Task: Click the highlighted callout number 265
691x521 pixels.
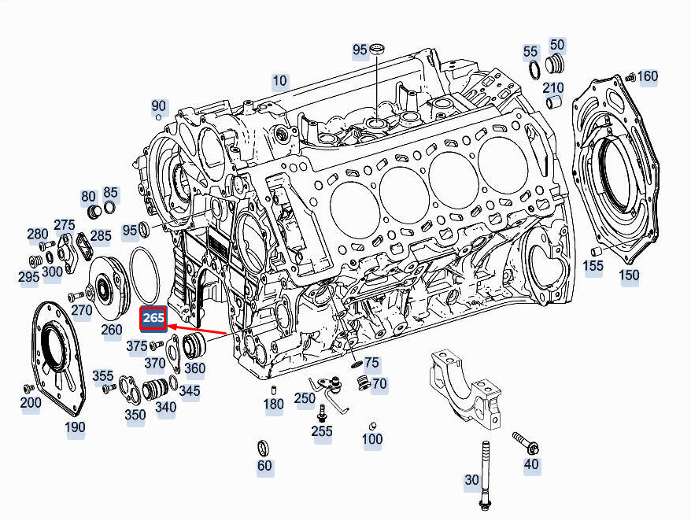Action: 153,318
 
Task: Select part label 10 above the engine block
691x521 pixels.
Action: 280,80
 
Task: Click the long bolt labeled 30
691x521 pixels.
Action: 485,475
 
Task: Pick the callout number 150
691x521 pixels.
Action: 628,275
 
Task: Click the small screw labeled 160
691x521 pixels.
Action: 630,78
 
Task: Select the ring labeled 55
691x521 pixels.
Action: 534,69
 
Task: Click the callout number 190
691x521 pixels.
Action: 75,427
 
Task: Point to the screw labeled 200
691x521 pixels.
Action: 29,388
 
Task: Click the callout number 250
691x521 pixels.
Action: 305,398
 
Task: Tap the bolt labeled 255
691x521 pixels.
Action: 322,413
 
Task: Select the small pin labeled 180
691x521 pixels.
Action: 273,390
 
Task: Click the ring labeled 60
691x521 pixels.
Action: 263,449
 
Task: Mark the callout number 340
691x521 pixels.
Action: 166,408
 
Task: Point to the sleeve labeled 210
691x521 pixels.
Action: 552,103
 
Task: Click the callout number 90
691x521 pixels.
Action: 159,105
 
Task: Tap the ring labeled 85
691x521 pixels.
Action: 110,206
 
